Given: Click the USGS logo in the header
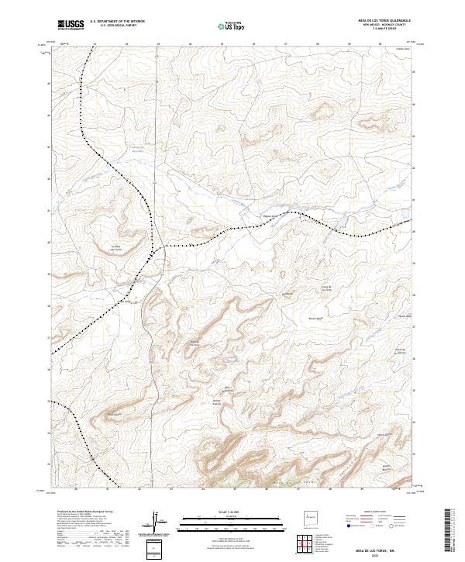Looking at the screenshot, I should (71, 25).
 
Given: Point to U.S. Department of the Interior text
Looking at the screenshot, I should (117, 22).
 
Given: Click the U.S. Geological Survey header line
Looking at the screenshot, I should (117, 26).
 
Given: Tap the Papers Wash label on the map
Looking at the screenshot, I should (270, 216).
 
